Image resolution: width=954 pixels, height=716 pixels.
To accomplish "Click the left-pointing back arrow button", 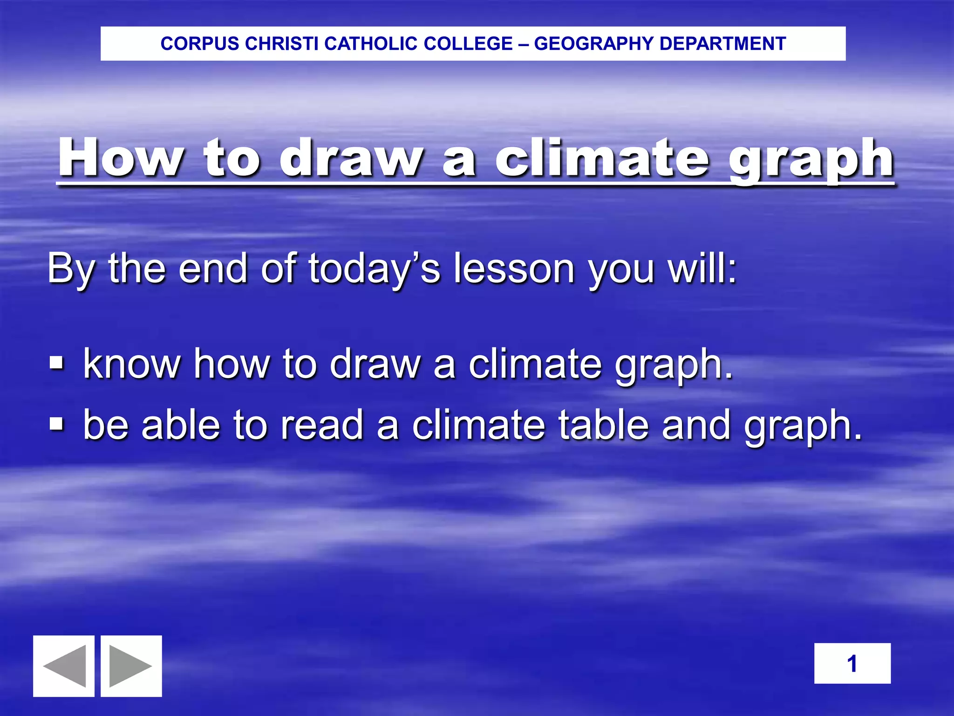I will click(64, 666).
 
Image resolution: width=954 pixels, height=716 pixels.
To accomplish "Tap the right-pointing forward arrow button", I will click(131, 666).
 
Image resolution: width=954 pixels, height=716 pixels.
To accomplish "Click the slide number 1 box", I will click(852, 663).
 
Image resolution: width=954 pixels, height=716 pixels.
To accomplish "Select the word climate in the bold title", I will click(602, 158).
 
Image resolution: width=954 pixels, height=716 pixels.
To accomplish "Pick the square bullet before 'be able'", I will click(56, 424).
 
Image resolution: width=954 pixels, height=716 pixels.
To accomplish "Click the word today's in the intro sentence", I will click(374, 269).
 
